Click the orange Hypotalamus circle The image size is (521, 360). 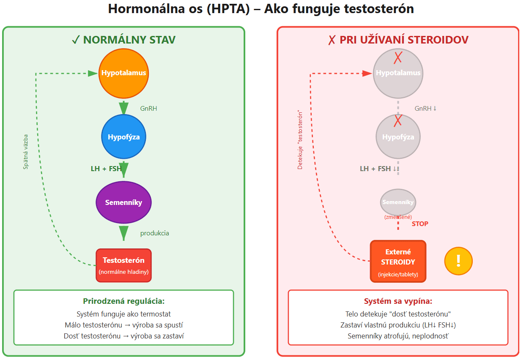123,73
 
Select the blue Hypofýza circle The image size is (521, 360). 123,137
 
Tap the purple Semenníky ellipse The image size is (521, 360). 123,202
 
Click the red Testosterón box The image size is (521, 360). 123,265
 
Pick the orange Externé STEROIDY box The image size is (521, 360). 398,261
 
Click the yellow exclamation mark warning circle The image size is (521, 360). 458,261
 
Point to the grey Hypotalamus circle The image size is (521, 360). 398,73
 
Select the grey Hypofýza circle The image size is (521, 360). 398,137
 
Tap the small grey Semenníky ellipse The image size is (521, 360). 398,202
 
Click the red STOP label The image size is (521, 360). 420,224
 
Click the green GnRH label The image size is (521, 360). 148,109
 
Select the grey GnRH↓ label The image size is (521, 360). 425,109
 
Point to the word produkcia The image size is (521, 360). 155,233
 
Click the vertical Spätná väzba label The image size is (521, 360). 26,152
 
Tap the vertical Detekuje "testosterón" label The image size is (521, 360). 300,140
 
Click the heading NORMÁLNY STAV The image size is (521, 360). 123,40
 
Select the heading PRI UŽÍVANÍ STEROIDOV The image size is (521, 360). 398,40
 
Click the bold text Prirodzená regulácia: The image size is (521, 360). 123,301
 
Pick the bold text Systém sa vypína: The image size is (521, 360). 398,301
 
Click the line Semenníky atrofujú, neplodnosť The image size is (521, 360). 398,336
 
